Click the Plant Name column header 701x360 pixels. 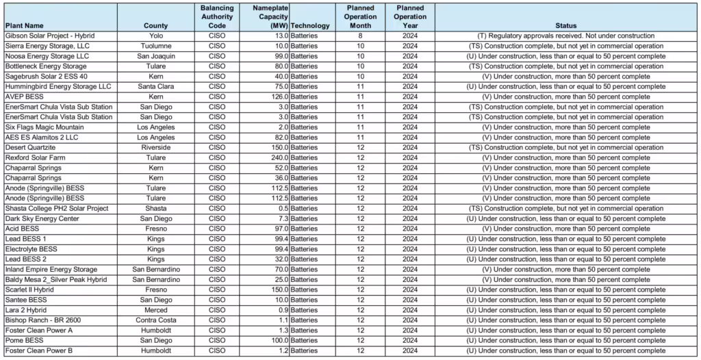[25, 26]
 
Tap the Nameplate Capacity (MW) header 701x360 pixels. [270, 16]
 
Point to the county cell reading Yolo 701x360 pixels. [156, 36]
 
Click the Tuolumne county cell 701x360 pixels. [156, 46]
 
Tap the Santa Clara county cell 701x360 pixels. [156, 87]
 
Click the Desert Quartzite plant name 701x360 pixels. [32, 148]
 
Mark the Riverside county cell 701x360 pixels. [156, 148]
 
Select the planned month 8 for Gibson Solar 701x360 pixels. [360, 36]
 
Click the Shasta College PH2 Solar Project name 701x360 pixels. [57, 209]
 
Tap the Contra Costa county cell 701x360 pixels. [156, 320]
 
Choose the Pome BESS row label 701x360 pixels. [24, 341]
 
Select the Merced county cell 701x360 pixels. [156, 310]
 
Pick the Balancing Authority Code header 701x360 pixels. [217, 16]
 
